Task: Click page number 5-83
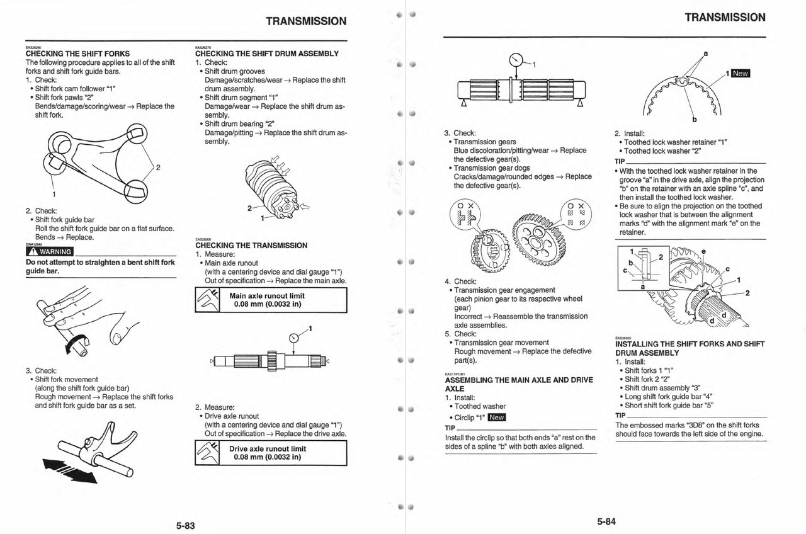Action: coord(186,526)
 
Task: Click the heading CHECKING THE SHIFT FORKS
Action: coord(69,54)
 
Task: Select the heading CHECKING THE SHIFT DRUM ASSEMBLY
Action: coord(267,54)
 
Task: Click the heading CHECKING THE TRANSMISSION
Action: coord(251,245)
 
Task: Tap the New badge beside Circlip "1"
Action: coord(497,417)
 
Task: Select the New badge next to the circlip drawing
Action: coord(741,73)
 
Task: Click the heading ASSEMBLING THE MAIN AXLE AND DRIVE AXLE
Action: coord(519,384)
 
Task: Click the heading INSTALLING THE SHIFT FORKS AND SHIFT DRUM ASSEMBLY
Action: coord(690,348)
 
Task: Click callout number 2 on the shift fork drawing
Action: coord(158,168)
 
